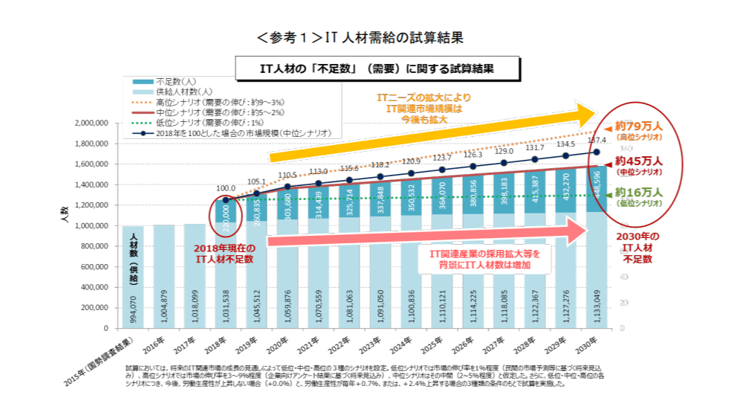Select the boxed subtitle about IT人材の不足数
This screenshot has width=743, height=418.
[377, 68]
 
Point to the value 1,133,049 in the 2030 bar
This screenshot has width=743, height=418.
[600, 305]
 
